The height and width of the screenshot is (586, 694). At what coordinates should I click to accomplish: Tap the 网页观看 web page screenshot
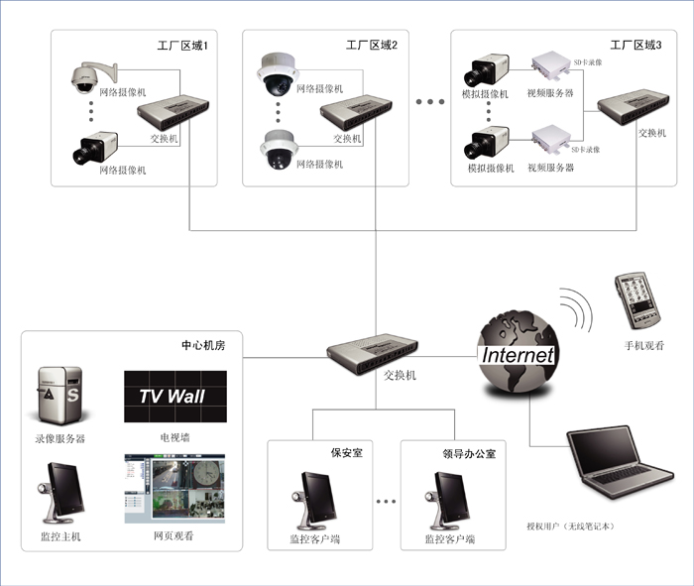pyautogui.click(x=174, y=488)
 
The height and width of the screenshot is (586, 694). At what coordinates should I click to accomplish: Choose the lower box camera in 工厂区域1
pyautogui.click(x=95, y=148)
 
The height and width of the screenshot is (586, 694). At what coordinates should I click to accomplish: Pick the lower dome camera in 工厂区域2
pyautogui.click(x=279, y=149)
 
